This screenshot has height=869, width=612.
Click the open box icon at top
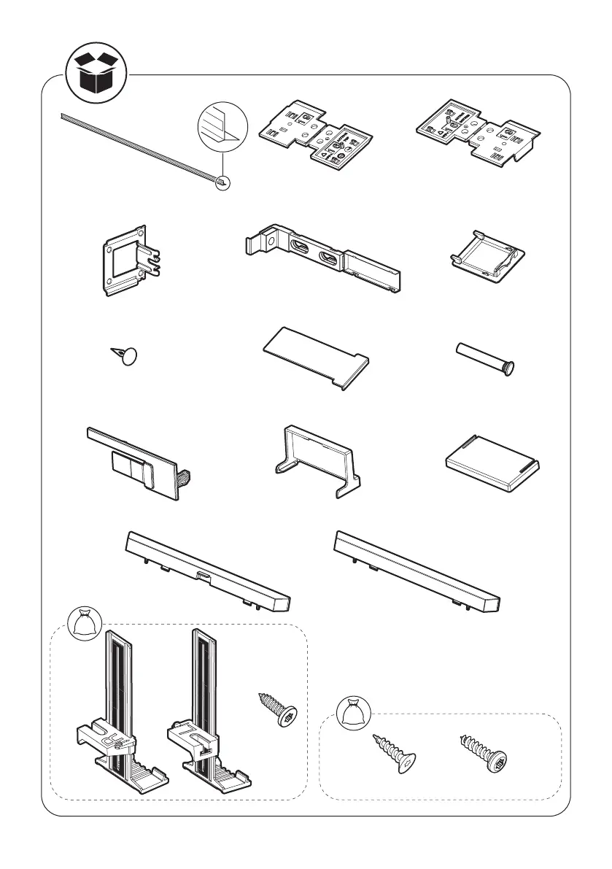(96, 72)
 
